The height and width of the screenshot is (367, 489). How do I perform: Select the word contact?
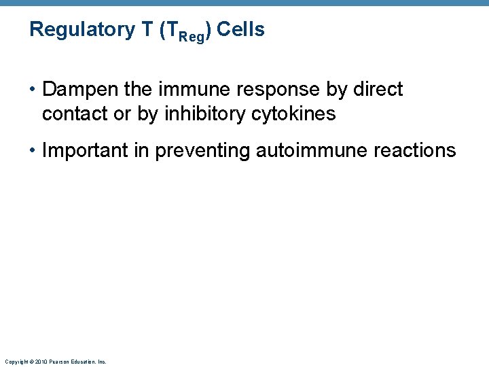[x=75, y=114]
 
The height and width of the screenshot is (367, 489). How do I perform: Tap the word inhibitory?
[x=195, y=114]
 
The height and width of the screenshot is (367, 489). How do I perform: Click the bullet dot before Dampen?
[x=32, y=90]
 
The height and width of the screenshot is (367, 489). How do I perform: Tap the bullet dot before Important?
[x=32, y=151]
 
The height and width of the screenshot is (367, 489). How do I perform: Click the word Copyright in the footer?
[x=14, y=362]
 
